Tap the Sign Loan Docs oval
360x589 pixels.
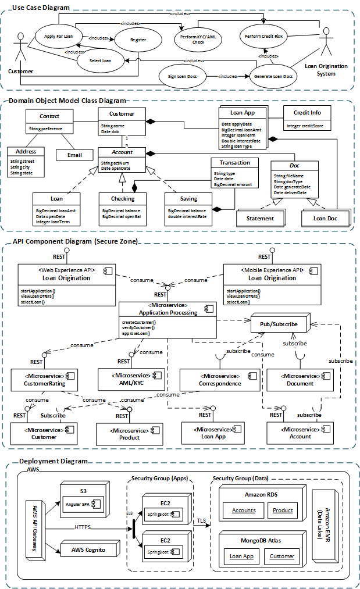183,76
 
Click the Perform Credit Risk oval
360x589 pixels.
263,35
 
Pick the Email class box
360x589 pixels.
75,155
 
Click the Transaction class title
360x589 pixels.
234,163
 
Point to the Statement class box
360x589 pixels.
260,219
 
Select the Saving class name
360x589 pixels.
188,199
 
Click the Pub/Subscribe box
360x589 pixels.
278,323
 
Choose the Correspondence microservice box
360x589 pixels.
219,380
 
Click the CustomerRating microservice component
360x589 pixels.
45,380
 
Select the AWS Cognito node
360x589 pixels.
84,549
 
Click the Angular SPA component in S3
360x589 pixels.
85,502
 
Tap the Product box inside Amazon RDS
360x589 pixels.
283,511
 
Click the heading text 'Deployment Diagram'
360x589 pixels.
53,461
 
